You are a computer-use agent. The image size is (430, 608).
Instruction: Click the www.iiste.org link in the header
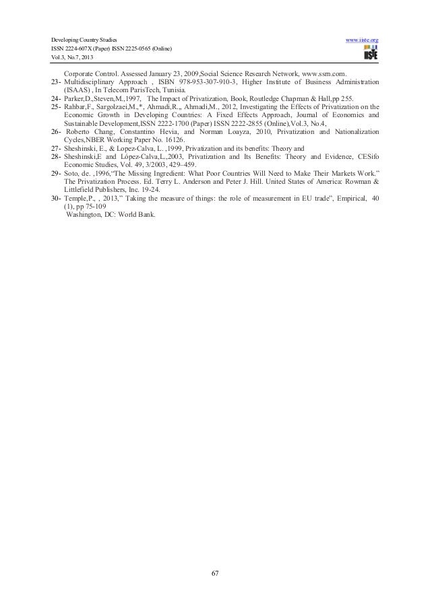pos(361,41)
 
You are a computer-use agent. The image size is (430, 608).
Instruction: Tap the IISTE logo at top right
pos(370,52)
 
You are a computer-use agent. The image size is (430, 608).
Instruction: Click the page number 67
pos(214,573)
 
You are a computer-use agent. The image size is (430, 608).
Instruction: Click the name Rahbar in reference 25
pos(75,106)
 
